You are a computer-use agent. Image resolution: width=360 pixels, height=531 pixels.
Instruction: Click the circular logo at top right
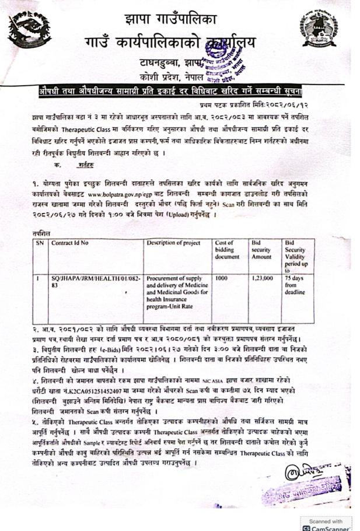tap(318, 27)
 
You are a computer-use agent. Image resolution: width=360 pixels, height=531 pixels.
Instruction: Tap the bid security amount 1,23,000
tap(262, 279)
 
